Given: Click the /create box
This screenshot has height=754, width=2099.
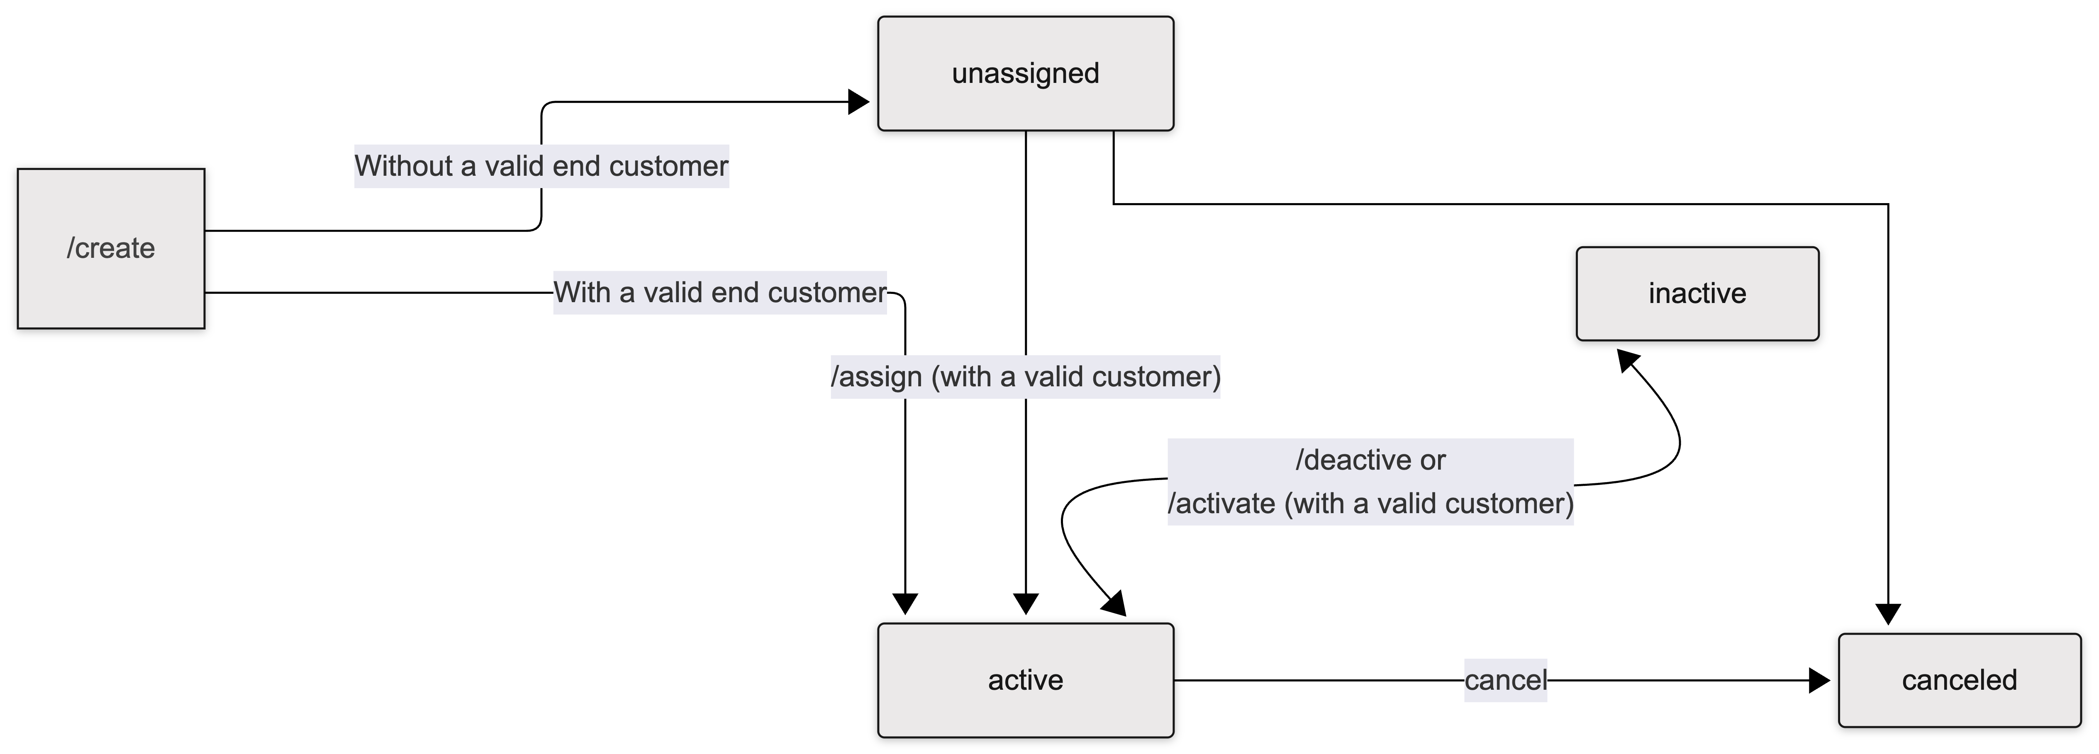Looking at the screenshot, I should [111, 248].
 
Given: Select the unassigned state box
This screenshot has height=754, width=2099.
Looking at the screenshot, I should [1025, 73].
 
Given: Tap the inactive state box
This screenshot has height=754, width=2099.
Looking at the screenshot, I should [1697, 293].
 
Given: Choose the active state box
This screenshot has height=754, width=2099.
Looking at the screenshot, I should [1025, 680].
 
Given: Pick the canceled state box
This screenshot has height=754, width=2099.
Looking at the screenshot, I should [1959, 680].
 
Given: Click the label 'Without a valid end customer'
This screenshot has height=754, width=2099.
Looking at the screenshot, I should [541, 166].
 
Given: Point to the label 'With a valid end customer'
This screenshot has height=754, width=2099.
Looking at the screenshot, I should [719, 292].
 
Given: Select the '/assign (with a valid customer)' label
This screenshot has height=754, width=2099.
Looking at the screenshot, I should [1025, 377].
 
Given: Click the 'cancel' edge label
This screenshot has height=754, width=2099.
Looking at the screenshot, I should [1505, 680].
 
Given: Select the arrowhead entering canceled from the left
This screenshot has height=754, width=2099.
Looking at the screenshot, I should [1819, 680].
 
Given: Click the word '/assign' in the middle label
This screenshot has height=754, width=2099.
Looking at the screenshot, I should [876, 377].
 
